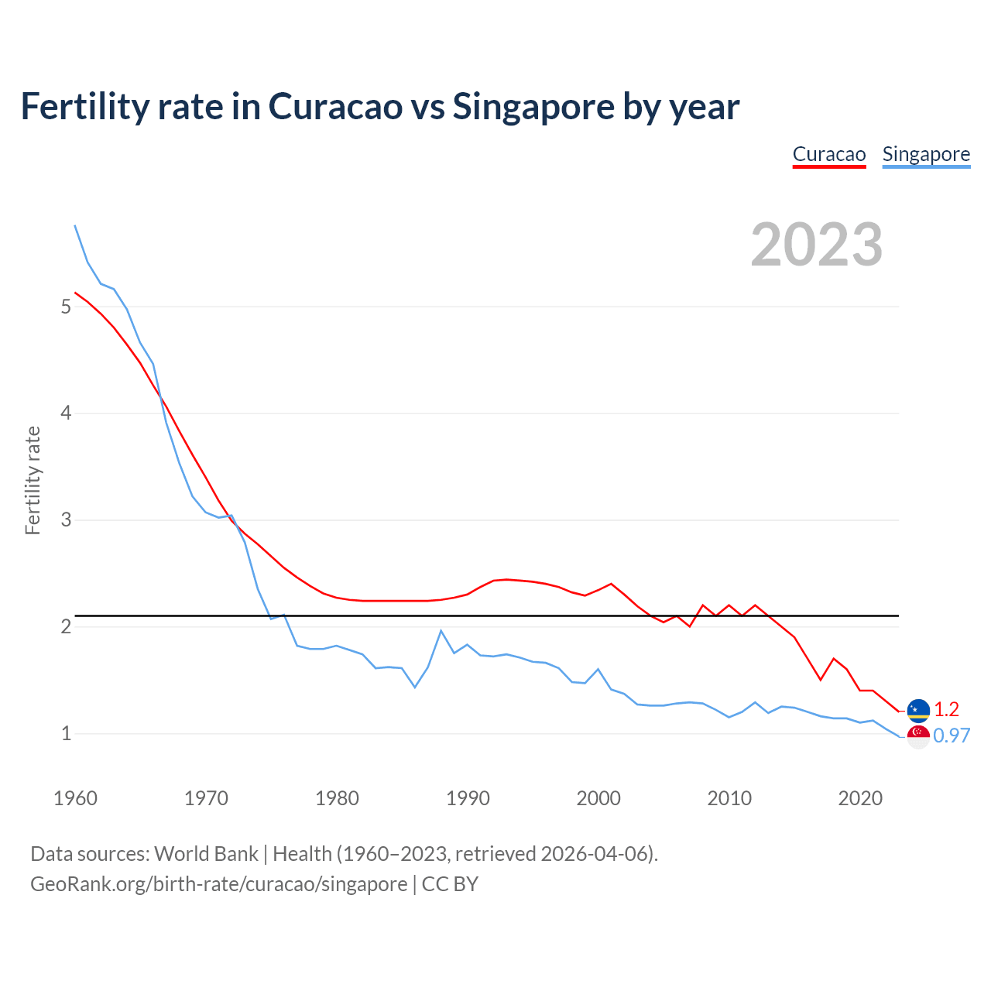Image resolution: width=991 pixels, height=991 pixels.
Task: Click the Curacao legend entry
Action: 828,154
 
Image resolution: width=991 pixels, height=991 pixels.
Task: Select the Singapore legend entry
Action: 926,154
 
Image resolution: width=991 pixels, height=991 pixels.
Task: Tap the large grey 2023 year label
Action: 817,245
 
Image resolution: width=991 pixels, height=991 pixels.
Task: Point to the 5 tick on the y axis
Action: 66,307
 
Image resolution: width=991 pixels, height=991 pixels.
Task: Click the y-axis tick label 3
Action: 66,520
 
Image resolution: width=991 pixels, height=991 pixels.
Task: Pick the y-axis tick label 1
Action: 66,733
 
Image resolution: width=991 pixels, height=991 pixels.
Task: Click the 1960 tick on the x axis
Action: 75,798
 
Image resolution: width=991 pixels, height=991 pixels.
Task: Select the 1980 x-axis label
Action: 337,798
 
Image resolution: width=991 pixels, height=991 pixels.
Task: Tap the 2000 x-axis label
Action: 598,798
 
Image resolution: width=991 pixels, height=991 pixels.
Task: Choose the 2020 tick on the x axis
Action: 860,798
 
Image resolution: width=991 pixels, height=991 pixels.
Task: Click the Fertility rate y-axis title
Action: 33,480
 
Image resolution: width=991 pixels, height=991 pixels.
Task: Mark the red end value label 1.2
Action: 946,709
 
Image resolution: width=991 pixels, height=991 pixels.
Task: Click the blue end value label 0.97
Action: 952,736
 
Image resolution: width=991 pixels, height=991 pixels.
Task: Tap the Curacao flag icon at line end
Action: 918,709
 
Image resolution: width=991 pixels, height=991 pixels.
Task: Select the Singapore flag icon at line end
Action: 918,736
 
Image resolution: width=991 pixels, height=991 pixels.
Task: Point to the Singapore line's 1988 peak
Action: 441,630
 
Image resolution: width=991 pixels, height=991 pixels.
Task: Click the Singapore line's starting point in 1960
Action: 75,225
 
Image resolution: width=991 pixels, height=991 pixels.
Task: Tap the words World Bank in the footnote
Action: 206,854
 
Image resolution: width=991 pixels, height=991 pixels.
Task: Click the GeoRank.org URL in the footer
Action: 218,884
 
